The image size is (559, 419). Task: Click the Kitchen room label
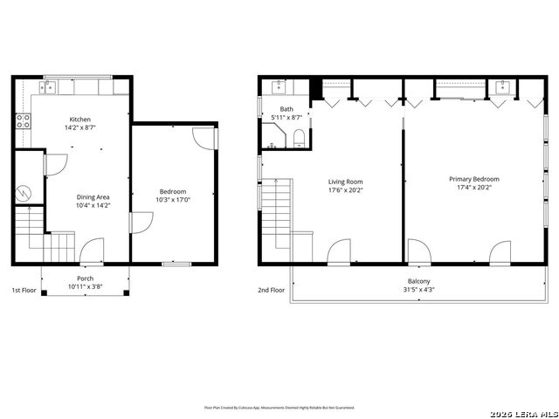(x=79, y=120)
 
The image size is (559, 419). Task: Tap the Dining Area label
(x=93, y=197)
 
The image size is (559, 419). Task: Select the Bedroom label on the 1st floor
(x=172, y=191)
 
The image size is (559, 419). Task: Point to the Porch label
(x=86, y=278)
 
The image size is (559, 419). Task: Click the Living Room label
(x=345, y=182)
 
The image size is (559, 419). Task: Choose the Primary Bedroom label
(x=473, y=179)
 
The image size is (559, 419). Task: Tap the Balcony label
(x=418, y=281)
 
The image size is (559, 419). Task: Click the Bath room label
(x=286, y=109)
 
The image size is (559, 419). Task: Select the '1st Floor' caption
(x=24, y=290)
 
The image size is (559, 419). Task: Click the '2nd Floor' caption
(x=271, y=290)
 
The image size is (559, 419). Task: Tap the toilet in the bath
(x=300, y=136)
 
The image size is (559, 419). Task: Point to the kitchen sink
(x=49, y=86)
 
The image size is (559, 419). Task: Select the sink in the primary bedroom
(x=503, y=86)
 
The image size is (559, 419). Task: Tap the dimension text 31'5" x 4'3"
(x=418, y=290)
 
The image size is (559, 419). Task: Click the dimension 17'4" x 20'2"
(x=474, y=189)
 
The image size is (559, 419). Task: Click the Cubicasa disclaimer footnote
(x=279, y=407)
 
